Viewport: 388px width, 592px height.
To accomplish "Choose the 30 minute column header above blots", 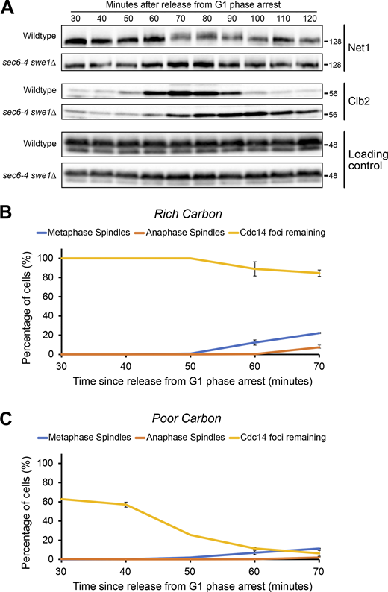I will click(x=75, y=17).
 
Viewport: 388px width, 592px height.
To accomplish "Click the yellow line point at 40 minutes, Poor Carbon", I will click(x=125, y=505).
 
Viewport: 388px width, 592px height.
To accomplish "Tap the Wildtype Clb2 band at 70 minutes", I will click(x=178, y=94).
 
